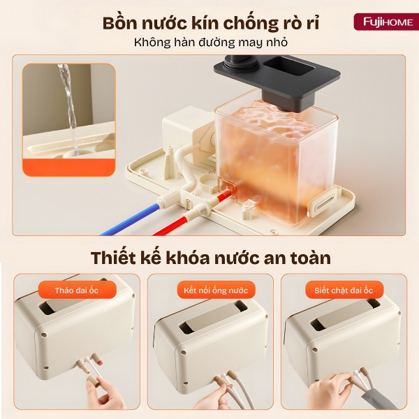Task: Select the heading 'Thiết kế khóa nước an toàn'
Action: pyautogui.click(x=210, y=257)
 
